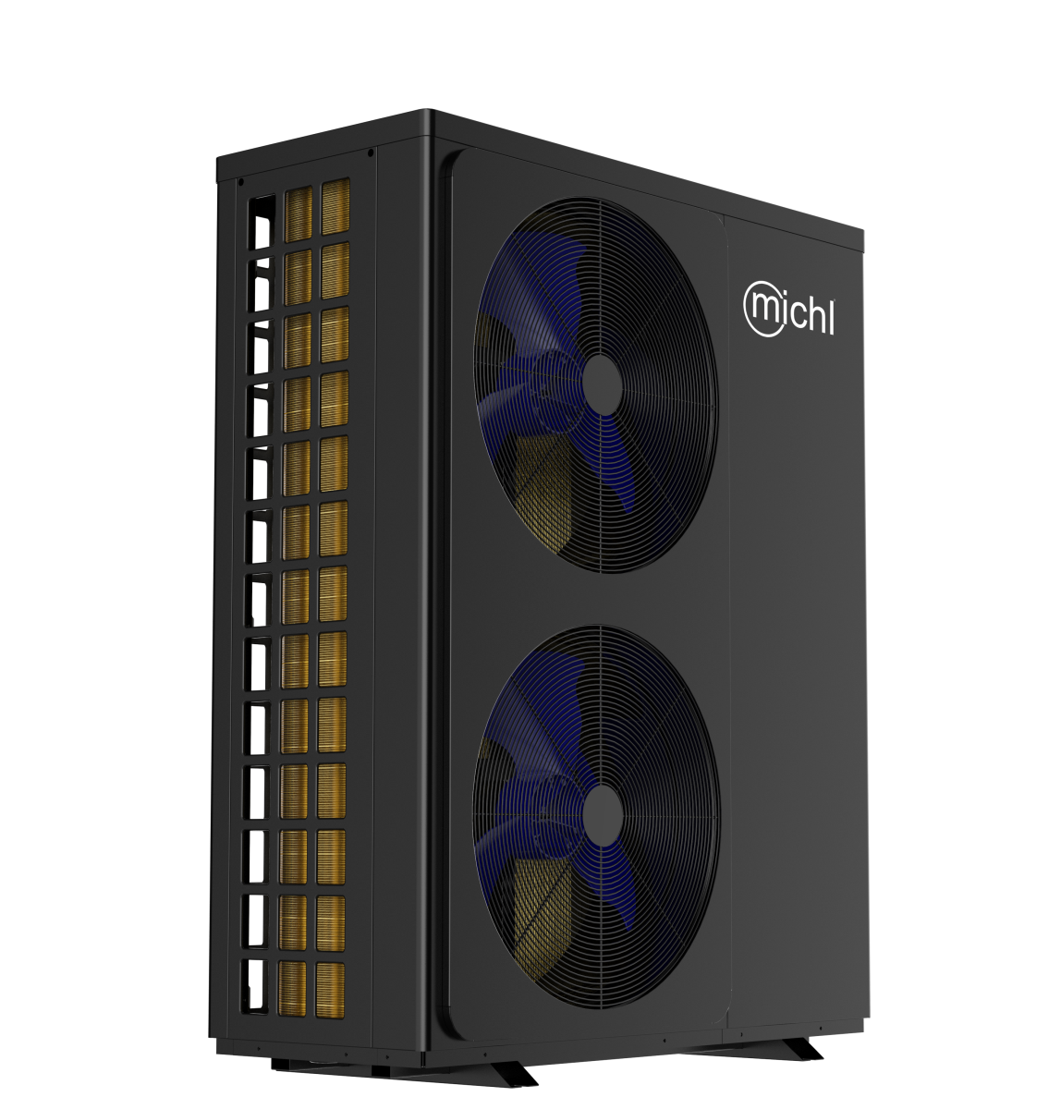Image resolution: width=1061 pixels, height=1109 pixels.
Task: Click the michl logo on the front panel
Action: [789, 309]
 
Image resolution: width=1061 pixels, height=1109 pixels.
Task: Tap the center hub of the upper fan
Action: [603, 385]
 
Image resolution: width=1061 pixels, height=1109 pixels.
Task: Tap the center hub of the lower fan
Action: [603, 815]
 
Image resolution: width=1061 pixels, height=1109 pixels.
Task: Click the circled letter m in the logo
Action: [764, 307]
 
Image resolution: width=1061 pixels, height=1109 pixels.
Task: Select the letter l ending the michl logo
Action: [832, 316]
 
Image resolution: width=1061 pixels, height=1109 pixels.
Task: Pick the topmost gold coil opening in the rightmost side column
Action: [335, 206]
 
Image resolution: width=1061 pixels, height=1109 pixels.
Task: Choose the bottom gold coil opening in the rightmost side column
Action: [330, 991]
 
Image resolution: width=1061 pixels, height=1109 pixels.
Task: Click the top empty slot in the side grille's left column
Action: [262, 222]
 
